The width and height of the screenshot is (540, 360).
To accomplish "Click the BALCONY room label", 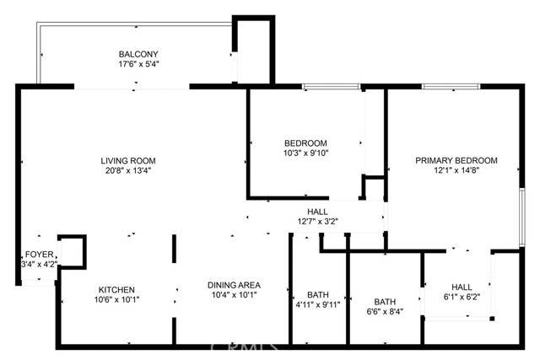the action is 138,54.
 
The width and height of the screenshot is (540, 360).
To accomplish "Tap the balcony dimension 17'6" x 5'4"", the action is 138,64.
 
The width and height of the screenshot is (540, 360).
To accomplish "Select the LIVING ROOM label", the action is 128,160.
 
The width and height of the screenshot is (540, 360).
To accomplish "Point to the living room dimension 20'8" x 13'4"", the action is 128,170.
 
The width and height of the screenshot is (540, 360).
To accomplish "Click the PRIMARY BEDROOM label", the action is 456,160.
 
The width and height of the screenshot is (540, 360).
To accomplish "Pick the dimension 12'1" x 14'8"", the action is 456,170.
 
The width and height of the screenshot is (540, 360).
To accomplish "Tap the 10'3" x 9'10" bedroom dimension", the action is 305,153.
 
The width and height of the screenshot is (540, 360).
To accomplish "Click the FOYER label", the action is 40,255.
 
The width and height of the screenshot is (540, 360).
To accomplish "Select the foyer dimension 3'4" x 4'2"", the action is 40,264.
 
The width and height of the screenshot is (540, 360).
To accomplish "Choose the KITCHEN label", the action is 116,290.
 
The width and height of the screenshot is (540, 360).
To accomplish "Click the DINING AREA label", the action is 234,285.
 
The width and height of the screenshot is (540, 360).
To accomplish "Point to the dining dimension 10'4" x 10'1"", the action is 234,295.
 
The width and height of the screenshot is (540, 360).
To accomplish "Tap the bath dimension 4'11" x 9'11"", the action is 318,304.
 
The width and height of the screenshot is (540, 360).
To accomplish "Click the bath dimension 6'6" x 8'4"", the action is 385,312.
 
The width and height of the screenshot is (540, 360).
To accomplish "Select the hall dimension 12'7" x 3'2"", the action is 318,221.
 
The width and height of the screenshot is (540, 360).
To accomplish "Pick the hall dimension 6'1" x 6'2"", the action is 462,297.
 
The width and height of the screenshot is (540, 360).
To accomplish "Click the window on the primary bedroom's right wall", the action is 522,217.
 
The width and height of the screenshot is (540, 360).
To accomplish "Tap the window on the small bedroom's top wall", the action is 332,86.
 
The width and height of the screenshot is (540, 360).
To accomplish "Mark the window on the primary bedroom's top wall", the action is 451,86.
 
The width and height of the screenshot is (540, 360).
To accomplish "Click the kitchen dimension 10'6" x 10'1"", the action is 116,300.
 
